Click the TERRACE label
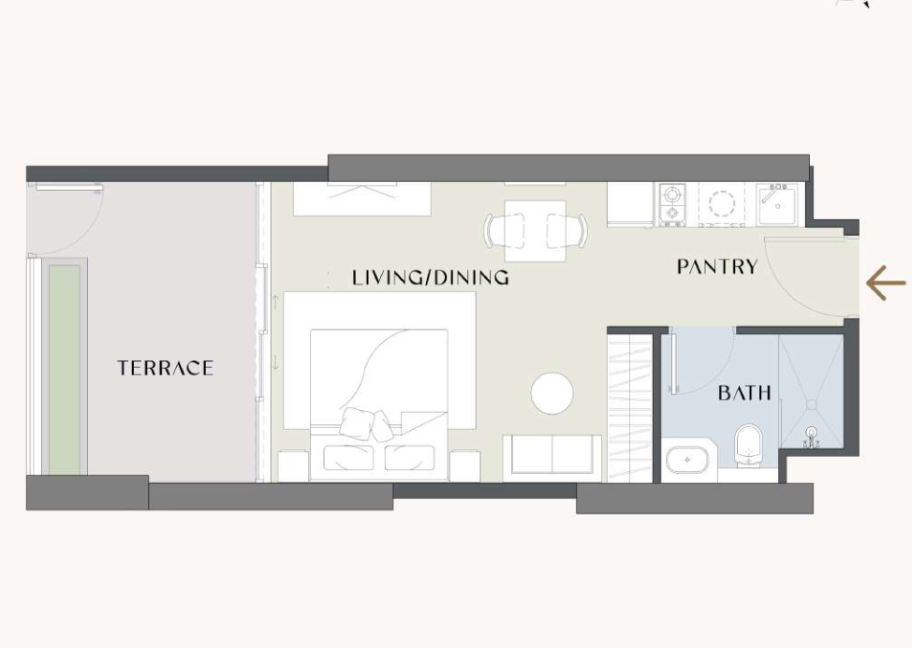coord(165,368)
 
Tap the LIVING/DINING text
coord(431,277)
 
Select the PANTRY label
coord(717,267)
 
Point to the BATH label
coord(744,392)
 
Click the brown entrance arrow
coord(886,284)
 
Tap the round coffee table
coord(552,394)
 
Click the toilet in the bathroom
coord(748,446)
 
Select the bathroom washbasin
coord(688,460)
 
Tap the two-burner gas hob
coord(672,204)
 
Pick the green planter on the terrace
coord(64,369)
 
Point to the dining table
coord(535,231)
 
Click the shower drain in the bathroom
coord(812,404)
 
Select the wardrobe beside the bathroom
coord(629,407)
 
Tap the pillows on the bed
coord(366,423)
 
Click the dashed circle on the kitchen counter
coord(722,203)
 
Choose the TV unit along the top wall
coord(361,199)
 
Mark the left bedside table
coord(293,465)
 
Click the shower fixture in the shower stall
coord(812,437)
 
